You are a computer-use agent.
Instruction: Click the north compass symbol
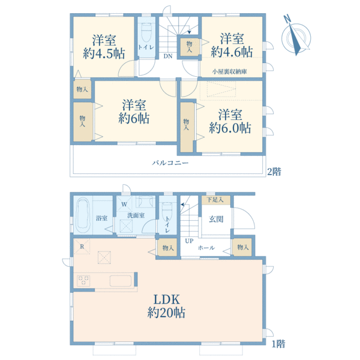click(x=296, y=37)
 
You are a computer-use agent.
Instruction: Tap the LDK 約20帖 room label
click(x=166, y=306)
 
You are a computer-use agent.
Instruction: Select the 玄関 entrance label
click(x=216, y=219)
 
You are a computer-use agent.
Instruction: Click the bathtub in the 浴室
click(x=83, y=216)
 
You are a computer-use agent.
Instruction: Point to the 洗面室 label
click(x=136, y=215)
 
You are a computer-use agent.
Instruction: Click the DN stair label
click(x=168, y=56)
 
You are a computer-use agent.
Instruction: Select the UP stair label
click(x=189, y=241)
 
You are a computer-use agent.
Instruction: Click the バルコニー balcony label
click(x=170, y=163)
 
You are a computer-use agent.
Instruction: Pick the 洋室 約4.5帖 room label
click(x=104, y=47)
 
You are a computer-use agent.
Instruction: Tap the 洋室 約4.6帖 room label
click(x=232, y=45)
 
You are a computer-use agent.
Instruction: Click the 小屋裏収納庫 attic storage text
click(x=230, y=71)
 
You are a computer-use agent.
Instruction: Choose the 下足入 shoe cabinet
click(x=216, y=200)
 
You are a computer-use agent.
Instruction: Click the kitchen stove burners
click(x=83, y=281)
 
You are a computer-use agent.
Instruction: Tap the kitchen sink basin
click(x=121, y=281)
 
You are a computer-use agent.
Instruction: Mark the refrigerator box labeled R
click(x=82, y=247)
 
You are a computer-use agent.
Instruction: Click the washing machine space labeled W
click(x=124, y=204)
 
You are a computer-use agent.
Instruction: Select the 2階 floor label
click(x=274, y=172)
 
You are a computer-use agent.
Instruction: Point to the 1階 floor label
click(x=278, y=344)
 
